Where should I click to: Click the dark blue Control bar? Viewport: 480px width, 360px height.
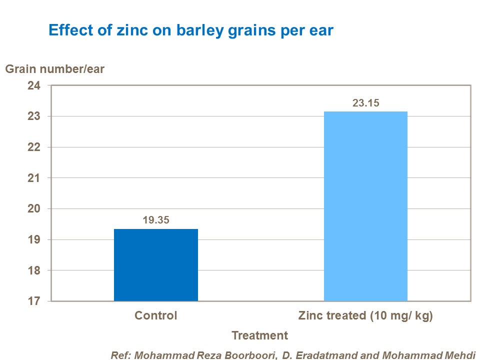(x=156, y=265)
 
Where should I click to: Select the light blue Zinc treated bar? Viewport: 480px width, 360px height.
(x=365, y=206)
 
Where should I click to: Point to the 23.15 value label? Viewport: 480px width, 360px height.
(x=366, y=103)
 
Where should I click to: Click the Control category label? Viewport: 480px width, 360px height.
(x=156, y=316)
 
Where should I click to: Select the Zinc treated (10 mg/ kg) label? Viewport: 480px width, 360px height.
(x=365, y=316)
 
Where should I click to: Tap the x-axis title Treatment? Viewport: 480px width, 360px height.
(x=260, y=335)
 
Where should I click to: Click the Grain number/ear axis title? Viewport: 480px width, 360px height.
(x=55, y=69)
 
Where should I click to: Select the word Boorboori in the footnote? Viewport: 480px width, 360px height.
(x=251, y=355)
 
